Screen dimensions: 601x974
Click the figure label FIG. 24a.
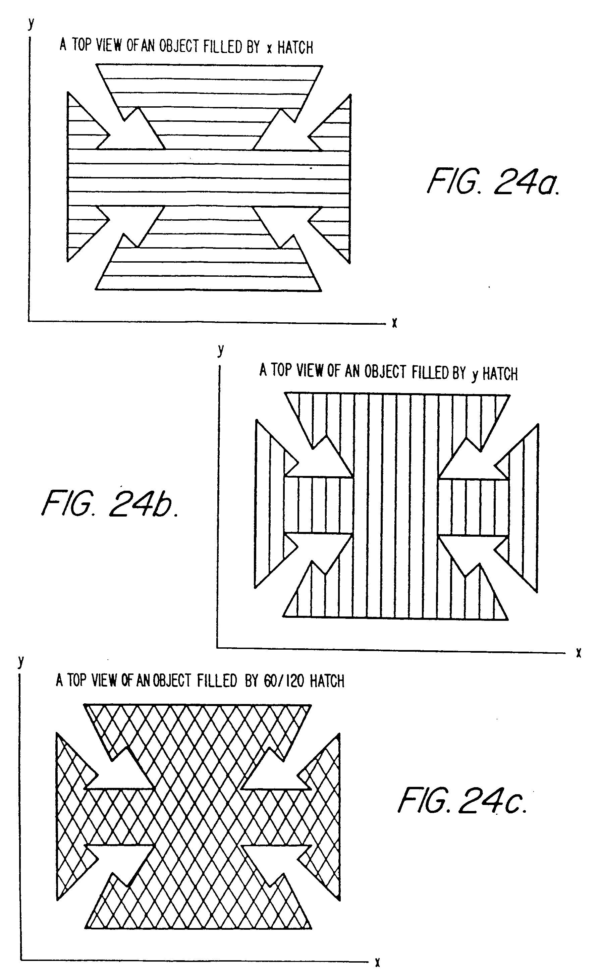coord(493,181)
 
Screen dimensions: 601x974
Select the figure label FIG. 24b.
coord(110,503)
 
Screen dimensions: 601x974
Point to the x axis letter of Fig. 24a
coord(394,323)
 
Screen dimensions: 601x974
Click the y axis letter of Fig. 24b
coord(221,350)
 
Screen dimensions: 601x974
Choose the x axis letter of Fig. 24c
coord(377,959)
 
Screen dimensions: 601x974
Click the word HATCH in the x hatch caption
coord(295,48)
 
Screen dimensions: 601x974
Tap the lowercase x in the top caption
coord(270,49)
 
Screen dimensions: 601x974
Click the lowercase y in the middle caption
coord(475,375)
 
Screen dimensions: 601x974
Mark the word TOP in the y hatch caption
coord(281,370)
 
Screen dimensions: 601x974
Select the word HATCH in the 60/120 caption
coord(327,681)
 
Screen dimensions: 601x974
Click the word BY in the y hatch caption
coord(459,373)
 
